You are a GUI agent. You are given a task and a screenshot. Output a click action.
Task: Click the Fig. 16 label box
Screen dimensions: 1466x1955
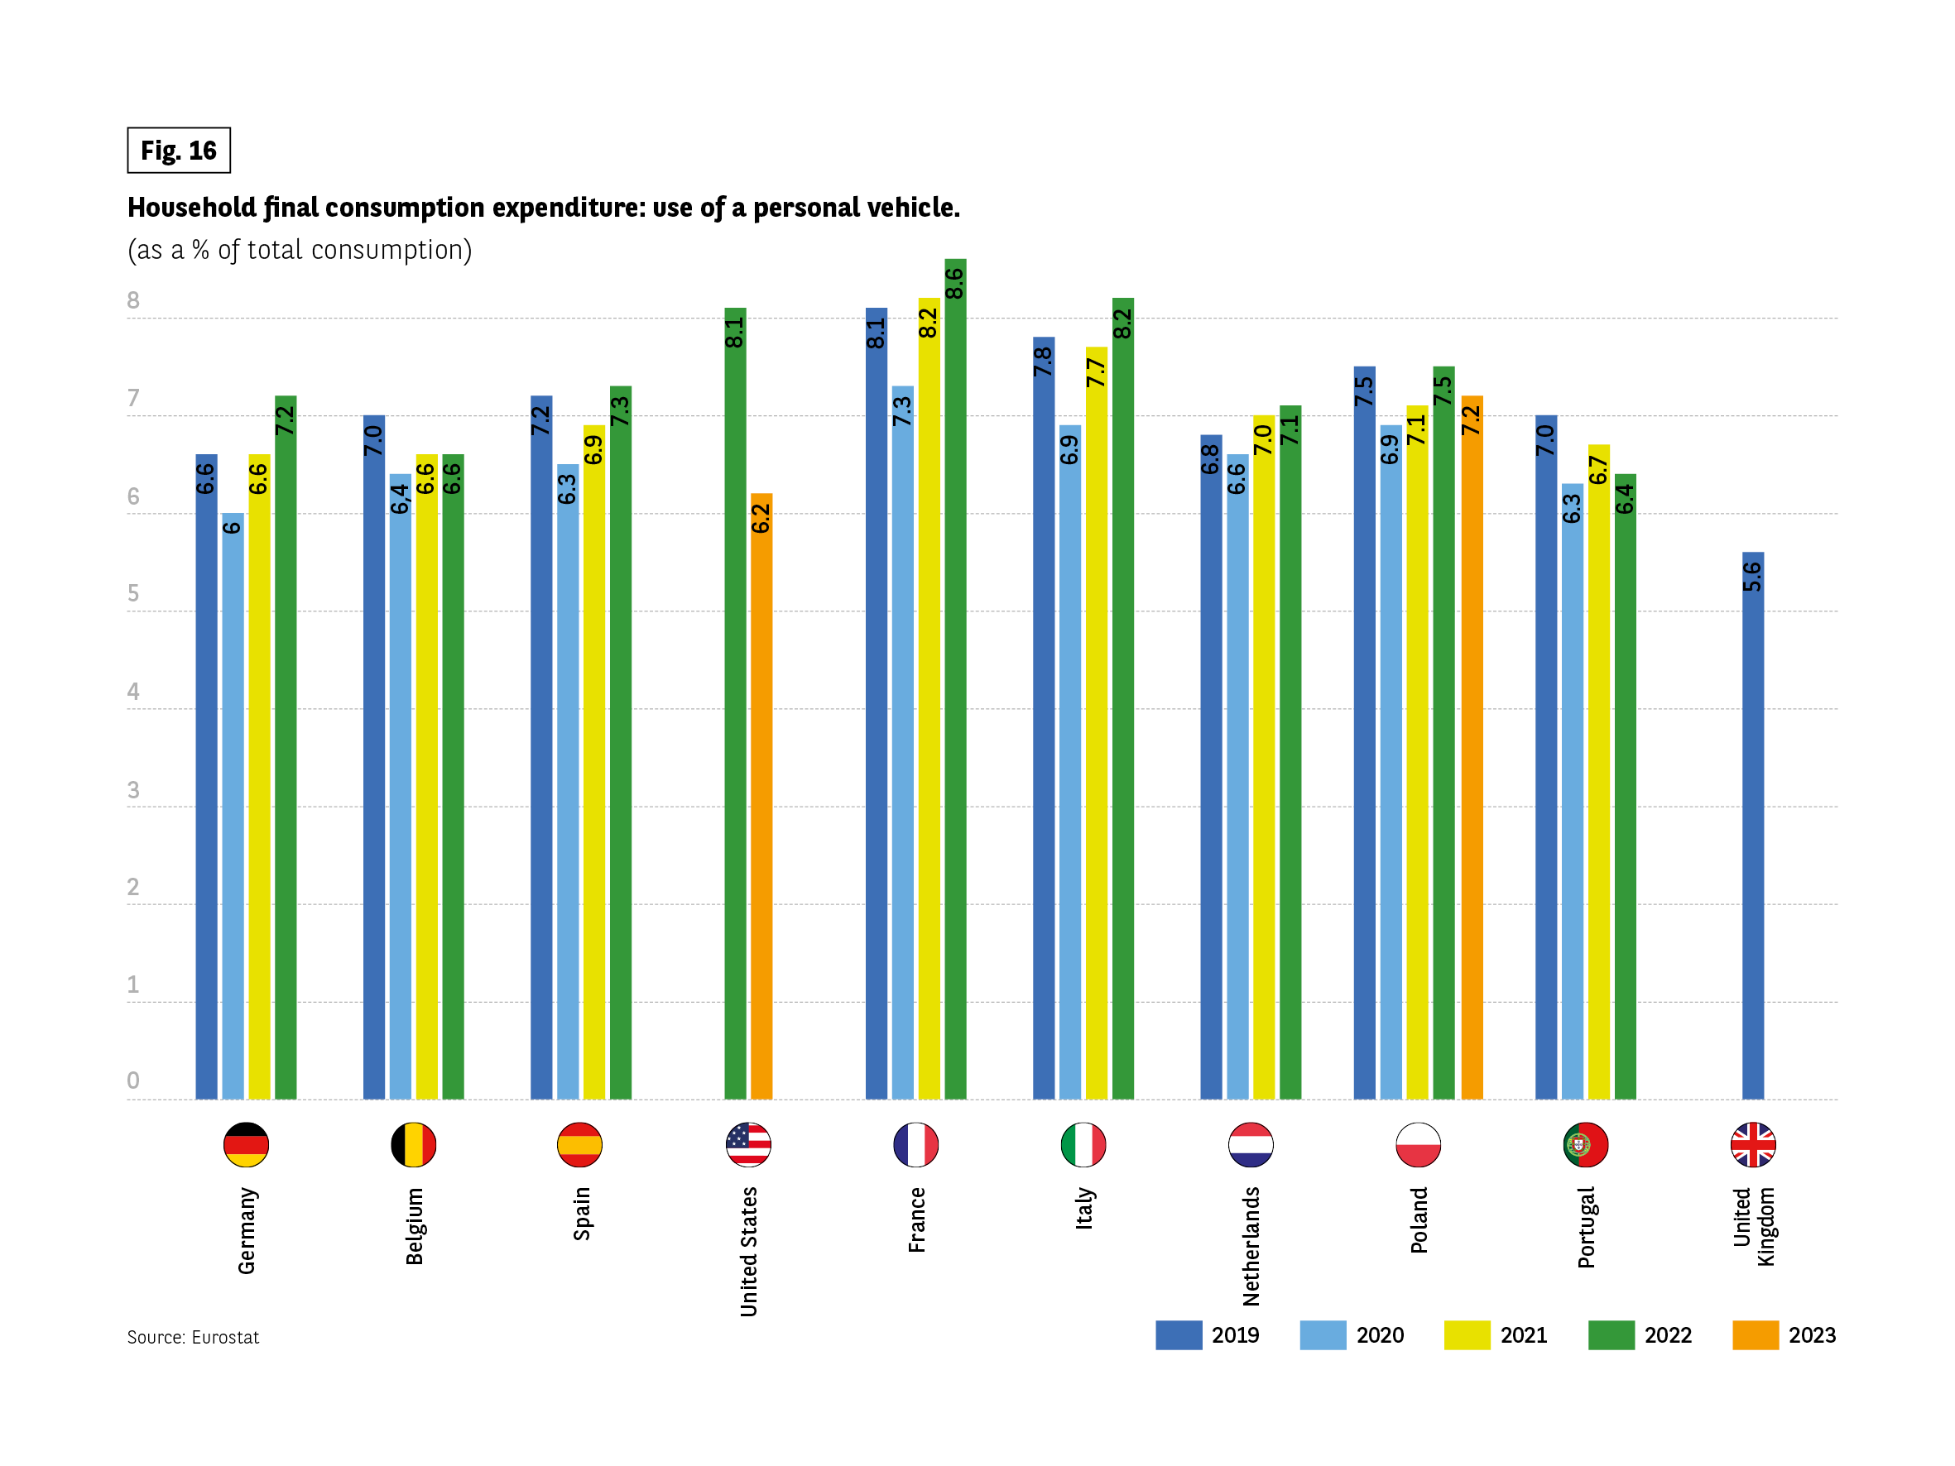coord(179,151)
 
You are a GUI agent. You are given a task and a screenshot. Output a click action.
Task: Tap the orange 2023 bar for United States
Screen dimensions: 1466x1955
coord(761,795)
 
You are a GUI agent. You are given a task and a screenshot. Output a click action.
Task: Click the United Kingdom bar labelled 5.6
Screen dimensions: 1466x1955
coord(1752,826)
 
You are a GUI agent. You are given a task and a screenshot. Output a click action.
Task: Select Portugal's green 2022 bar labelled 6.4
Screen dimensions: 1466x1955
coord(1625,787)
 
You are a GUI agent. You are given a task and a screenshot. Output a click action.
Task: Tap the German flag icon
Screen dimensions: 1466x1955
coord(246,1144)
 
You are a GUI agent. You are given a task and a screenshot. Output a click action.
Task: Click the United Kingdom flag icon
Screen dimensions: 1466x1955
coord(1752,1144)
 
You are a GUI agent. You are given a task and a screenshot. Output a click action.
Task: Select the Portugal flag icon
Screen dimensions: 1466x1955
coord(1586,1144)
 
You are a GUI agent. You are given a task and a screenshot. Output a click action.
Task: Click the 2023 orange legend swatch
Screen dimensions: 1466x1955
coord(1755,1335)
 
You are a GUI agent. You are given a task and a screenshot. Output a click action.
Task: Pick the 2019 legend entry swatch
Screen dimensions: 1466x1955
coord(1178,1335)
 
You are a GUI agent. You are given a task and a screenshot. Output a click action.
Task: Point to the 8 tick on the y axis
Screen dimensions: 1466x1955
coord(133,300)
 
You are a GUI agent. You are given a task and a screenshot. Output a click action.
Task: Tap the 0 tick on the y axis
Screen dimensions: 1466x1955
coord(133,1080)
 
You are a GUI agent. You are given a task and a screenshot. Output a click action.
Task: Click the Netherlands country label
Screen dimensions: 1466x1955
coord(1251,1246)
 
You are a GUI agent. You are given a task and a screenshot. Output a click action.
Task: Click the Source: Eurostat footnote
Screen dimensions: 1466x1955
coord(193,1337)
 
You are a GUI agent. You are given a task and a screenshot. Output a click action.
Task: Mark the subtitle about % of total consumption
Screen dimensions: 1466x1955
coord(300,250)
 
